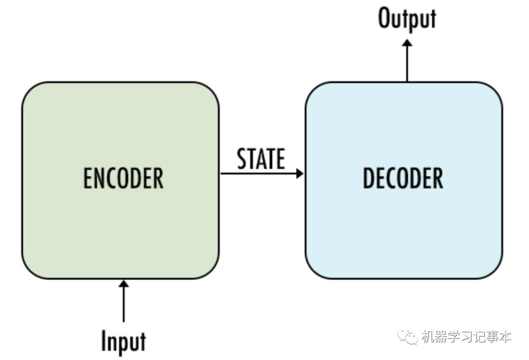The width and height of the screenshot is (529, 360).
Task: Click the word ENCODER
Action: (123, 178)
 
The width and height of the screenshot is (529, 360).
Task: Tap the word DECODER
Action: (403, 178)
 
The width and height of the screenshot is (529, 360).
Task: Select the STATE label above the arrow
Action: (261, 159)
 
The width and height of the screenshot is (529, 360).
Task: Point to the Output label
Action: (407, 19)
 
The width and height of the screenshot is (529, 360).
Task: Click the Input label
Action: (123, 341)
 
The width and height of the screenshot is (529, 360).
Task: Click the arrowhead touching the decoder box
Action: (300, 173)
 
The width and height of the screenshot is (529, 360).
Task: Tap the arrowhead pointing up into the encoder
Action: (123, 284)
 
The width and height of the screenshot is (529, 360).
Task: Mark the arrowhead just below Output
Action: (407, 43)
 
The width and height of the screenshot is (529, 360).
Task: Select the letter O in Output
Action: (385, 19)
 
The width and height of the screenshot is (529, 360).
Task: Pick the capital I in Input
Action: (104, 341)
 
